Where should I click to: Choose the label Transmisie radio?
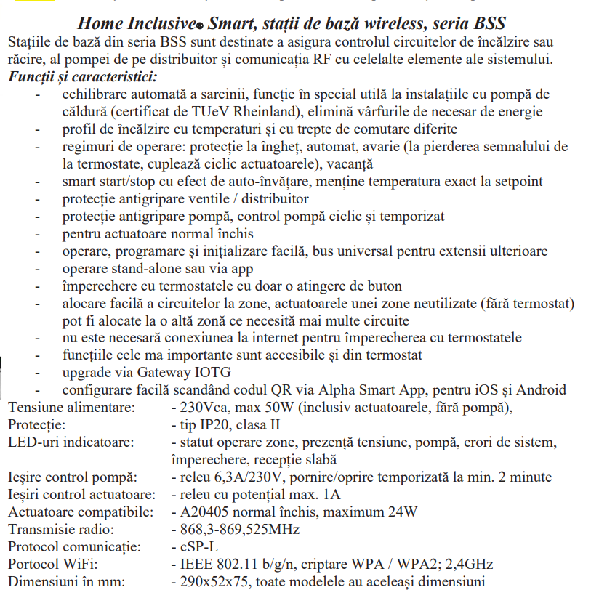click(x=60, y=530)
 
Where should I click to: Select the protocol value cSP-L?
click(x=197, y=547)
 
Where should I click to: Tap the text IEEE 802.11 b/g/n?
click(x=230, y=565)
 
